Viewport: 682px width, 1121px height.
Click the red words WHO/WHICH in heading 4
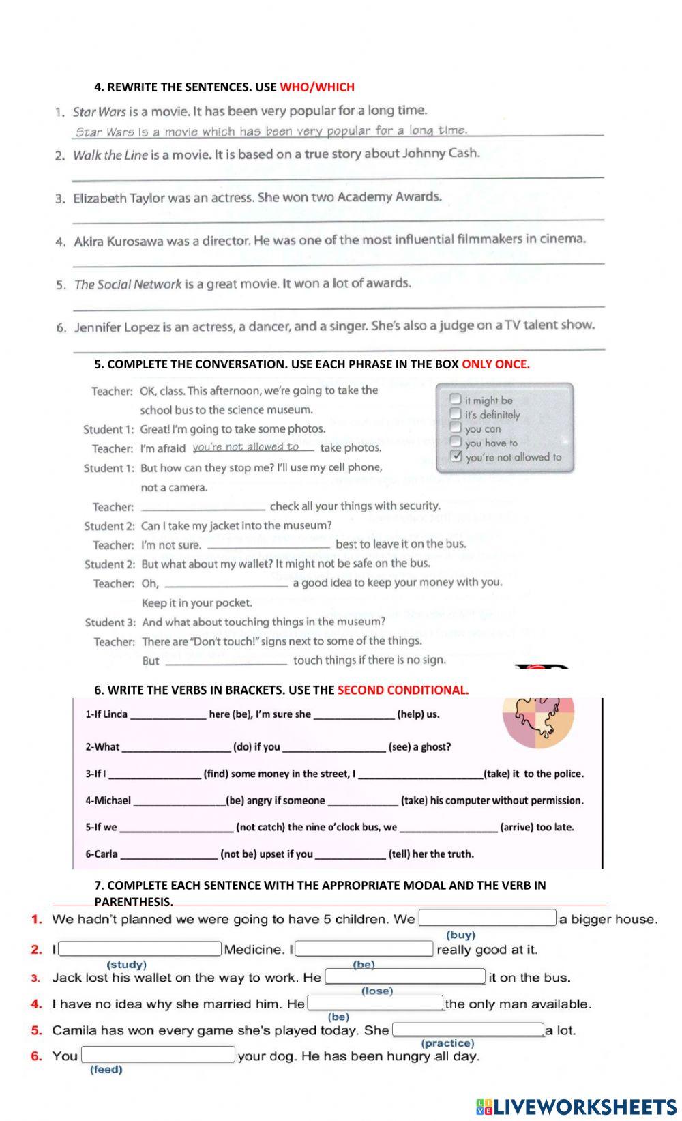pyautogui.click(x=317, y=87)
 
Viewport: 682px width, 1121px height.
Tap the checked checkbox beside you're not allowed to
pyautogui.click(x=456, y=456)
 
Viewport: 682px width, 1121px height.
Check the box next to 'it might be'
pyautogui.click(x=456, y=398)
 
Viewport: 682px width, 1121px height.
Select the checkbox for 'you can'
pyautogui.click(x=456, y=427)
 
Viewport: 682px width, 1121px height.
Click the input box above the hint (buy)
pyautogui.click(x=488, y=918)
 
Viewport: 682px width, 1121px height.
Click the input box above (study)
pyautogui.click(x=140, y=949)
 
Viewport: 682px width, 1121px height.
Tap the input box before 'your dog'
pyautogui.click(x=158, y=1055)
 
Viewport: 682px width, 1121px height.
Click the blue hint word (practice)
pyautogui.click(x=447, y=1043)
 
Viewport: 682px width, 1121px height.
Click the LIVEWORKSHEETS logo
pyautogui.click(x=576, y=1106)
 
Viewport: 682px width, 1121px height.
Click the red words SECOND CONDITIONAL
pyautogui.click(x=403, y=690)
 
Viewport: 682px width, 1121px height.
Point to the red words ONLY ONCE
pyautogui.click(x=496, y=364)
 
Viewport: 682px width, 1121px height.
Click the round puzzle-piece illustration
pyautogui.click(x=539, y=722)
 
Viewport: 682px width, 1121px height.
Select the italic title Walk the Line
pyautogui.click(x=110, y=155)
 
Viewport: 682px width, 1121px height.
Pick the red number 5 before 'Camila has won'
pyautogui.click(x=36, y=1030)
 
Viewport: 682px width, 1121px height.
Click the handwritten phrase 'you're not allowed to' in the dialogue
pyautogui.click(x=246, y=447)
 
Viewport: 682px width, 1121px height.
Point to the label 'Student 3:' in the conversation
pyautogui.click(x=110, y=622)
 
